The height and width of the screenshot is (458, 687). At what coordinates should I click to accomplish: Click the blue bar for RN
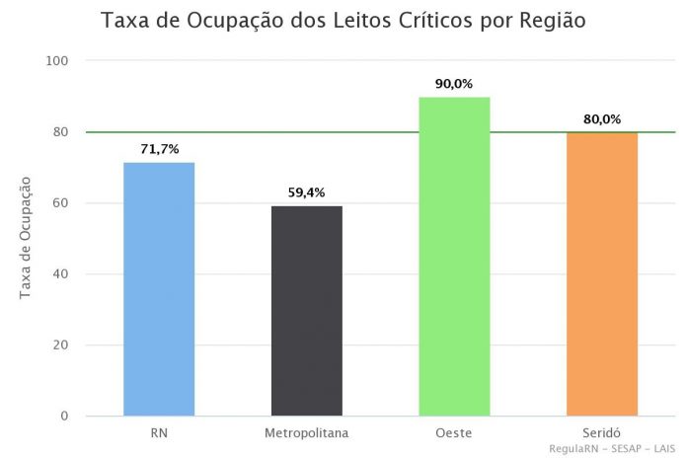pyautogui.click(x=159, y=288)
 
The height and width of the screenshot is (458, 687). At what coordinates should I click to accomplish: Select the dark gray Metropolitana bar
pyautogui.click(x=306, y=310)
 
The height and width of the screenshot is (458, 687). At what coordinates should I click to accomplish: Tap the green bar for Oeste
pyautogui.click(x=454, y=256)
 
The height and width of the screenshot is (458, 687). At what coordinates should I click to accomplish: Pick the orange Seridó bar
pyautogui.click(x=602, y=273)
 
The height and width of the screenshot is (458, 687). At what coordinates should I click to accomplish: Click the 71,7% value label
pyautogui.click(x=159, y=149)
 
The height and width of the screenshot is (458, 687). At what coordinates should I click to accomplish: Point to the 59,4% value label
pyautogui.click(x=306, y=192)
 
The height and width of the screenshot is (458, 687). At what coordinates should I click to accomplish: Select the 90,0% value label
pyautogui.click(x=454, y=84)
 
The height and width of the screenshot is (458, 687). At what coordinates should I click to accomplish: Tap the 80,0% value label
pyautogui.click(x=602, y=119)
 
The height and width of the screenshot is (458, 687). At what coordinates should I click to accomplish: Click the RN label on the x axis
pyautogui.click(x=159, y=433)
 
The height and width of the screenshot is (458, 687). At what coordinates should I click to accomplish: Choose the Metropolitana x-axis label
pyautogui.click(x=306, y=433)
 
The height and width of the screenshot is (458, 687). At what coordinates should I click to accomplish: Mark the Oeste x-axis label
pyautogui.click(x=454, y=433)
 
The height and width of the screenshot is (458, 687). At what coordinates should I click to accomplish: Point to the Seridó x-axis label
pyautogui.click(x=602, y=433)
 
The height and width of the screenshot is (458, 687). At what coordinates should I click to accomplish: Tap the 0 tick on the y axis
pyautogui.click(x=65, y=417)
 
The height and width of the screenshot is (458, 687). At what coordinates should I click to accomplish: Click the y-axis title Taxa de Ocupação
pyautogui.click(x=26, y=237)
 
